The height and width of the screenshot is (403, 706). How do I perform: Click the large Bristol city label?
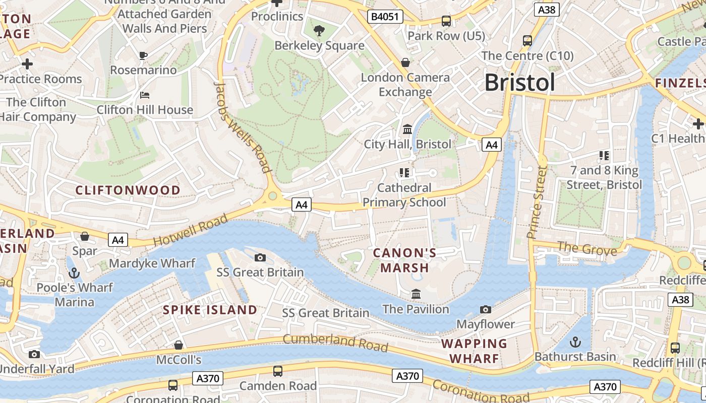coord(519,83)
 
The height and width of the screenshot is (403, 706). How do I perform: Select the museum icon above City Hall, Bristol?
coord(407,129)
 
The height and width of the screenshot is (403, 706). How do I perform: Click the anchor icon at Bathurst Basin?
coord(575,342)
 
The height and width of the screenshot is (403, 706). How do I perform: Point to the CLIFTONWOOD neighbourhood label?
coord(128,190)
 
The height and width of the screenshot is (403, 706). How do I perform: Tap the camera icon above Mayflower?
coord(486,309)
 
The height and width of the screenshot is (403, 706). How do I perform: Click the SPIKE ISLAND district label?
coord(210,310)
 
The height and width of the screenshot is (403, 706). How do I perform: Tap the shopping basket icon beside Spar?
coord(85,236)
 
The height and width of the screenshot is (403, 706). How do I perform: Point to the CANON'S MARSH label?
coord(405,260)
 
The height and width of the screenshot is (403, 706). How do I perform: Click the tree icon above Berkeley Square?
coord(319,31)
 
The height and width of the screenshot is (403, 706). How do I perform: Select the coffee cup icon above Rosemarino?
coord(143,55)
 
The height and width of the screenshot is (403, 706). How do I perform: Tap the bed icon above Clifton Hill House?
coord(144,95)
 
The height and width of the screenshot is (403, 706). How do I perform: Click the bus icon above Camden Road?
coord(277,371)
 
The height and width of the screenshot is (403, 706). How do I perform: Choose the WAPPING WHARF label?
coord(474,351)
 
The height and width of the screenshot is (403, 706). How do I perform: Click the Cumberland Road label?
coord(335,343)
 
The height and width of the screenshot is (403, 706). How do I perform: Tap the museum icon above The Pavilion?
coord(416,294)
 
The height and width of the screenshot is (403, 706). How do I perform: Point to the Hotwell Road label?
coord(190,230)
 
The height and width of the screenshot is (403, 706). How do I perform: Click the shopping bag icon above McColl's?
coord(178,345)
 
